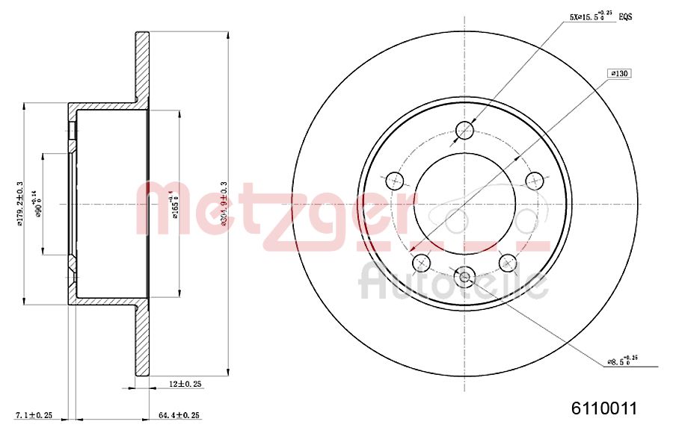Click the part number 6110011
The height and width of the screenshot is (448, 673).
[603, 408]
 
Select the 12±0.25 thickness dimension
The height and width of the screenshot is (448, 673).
[186, 384]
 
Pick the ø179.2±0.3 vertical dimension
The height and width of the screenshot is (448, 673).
[19, 203]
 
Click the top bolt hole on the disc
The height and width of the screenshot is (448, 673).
[464, 131]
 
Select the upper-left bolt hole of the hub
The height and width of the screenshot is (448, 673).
[394, 181]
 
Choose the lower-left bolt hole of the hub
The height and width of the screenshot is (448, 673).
[421, 262]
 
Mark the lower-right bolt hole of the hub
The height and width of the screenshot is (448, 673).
[508, 262]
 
